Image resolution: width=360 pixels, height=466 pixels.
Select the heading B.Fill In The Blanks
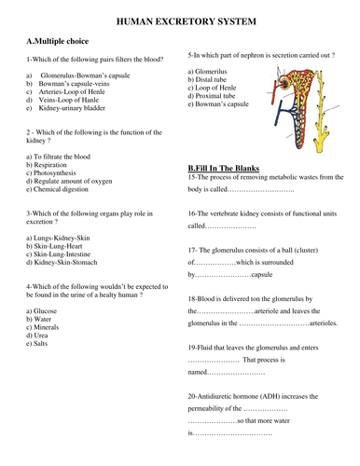pyautogui.click(x=227, y=168)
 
